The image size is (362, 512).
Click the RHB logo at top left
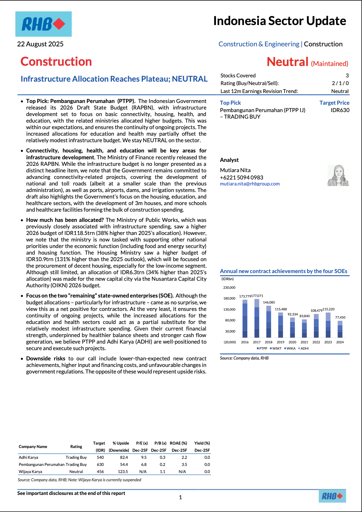(43, 24)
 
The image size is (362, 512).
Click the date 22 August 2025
(40, 44)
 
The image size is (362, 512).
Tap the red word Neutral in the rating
(287, 62)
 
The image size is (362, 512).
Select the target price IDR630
(340, 110)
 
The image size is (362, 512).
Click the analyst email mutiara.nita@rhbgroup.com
(250, 184)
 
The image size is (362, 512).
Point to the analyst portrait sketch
(338, 175)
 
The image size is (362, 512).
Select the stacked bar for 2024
(340, 329)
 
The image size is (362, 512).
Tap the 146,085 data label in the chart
(269, 302)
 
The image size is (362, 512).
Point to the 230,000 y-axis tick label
(229, 288)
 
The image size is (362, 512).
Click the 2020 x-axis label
(292, 342)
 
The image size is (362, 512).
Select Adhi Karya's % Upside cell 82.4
(124, 457)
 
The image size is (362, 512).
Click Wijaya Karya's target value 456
(100, 472)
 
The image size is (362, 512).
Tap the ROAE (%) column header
(178, 443)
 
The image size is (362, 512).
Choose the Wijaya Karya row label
(30, 472)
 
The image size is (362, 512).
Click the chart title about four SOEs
(283, 271)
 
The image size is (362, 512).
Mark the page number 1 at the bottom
(180, 497)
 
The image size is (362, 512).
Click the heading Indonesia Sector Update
(279, 21)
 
